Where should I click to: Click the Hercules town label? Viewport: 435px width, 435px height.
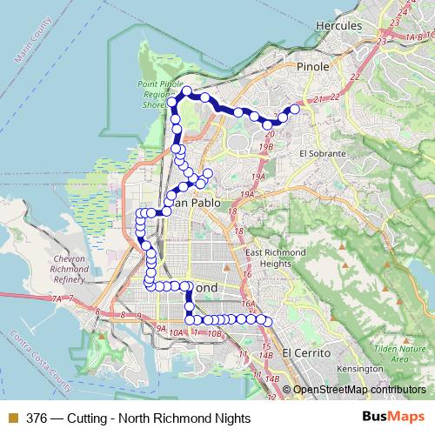tap(340, 27)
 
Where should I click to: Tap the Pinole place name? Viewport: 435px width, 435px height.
tap(313, 66)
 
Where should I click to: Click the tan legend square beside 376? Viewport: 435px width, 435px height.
tap(12, 418)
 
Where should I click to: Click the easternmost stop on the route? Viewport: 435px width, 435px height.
tap(294, 109)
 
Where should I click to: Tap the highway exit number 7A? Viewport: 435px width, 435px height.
tap(57, 299)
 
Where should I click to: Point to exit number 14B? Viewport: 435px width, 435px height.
tap(267, 355)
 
